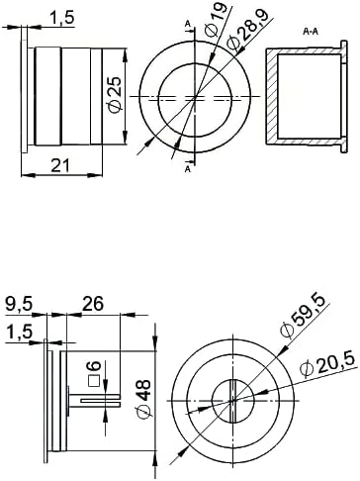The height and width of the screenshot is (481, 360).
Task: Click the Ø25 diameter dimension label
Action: coord(116,95)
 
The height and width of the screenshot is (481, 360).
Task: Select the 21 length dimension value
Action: coord(60,165)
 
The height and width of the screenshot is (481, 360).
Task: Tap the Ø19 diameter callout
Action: coord(216,19)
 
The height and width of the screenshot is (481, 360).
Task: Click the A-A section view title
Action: coord(311,32)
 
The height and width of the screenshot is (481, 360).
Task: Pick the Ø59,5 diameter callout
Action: coord(303,316)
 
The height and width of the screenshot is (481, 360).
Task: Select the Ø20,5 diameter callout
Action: coord(328,364)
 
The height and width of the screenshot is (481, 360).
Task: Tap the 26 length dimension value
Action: coord(93,303)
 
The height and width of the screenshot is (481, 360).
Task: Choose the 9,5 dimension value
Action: coord(19,305)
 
